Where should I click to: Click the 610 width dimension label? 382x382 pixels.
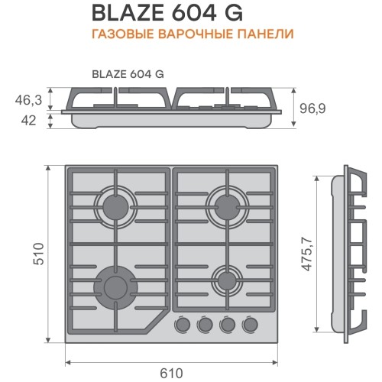(x=171, y=373)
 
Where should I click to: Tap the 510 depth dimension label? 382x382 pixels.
(x=39, y=254)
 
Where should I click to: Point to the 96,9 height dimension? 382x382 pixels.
(x=312, y=108)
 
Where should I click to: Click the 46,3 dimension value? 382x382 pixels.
(x=28, y=100)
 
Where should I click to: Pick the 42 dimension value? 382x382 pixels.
(x=28, y=121)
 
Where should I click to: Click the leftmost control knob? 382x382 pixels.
(x=183, y=325)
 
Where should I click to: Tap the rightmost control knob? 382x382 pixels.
(x=250, y=325)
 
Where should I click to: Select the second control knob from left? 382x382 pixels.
(x=205, y=325)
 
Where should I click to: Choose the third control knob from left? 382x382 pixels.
(x=228, y=325)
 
